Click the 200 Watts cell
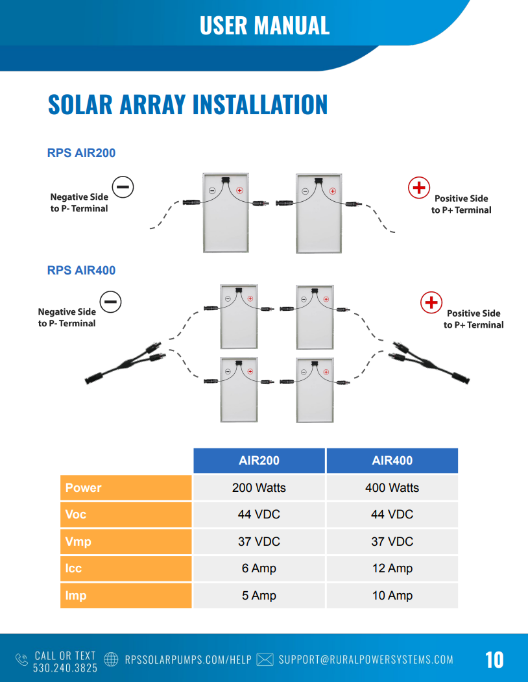(x=259, y=487)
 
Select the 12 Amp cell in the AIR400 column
(x=392, y=568)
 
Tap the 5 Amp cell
(x=259, y=596)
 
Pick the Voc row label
(x=126, y=515)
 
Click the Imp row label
(x=126, y=596)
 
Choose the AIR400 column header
(x=392, y=461)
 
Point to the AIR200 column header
(x=259, y=461)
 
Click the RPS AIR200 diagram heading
(x=81, y=153)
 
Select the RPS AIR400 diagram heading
(x=81, y=271)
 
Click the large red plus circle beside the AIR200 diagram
(x=419, y=188)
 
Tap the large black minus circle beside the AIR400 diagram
(x=110, y=302)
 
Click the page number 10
(x=494, y=660)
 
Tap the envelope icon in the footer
(x=265, y=659)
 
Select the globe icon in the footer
(x=111, y=659)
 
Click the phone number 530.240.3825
(x=66, y=668)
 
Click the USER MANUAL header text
(x=265, y=25)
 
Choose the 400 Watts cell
(x=392, y=487)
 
